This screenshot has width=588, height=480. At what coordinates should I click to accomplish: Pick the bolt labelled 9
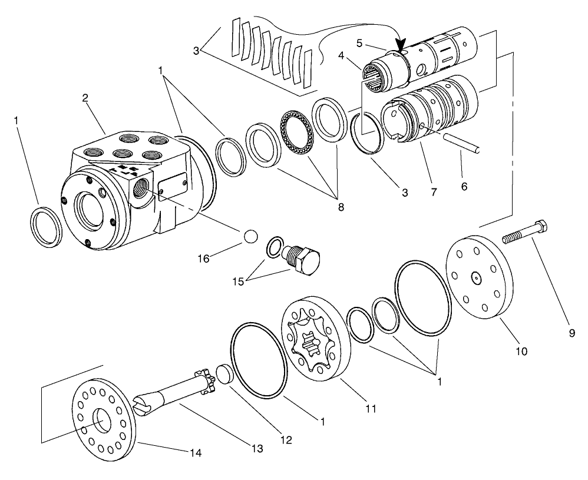(525, 231)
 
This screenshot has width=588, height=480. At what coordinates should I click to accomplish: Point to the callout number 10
(522, 352)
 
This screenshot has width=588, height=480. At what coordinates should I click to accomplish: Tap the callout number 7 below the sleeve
(434, 192)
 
